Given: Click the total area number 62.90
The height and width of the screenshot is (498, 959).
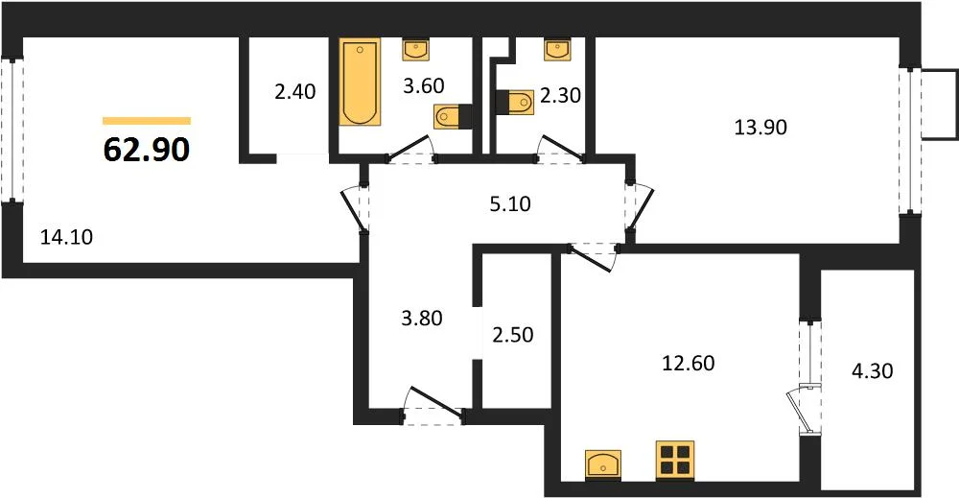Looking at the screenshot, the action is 147,149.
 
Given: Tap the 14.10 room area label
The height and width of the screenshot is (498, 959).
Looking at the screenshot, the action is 67,236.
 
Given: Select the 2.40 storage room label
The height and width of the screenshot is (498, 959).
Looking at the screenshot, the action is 295,92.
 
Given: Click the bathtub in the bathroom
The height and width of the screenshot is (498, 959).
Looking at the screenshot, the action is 361,83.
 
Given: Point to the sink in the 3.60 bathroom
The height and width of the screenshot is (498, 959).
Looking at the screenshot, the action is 416,50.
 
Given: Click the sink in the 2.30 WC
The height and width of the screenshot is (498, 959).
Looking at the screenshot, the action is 557,50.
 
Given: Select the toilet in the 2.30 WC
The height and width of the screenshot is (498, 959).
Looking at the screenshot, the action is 515,102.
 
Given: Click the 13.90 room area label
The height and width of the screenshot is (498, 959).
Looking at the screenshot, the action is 760,128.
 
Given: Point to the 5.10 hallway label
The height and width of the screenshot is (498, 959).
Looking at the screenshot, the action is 510,203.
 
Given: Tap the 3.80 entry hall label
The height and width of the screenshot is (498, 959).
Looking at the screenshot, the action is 422,319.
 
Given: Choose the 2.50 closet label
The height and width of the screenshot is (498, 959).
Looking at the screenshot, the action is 513,335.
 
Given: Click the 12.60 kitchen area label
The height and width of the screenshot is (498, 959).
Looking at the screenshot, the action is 688,363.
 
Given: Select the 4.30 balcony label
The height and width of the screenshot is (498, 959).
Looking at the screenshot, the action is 872,370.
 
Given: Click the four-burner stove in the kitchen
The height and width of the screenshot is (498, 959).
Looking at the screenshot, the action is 675,460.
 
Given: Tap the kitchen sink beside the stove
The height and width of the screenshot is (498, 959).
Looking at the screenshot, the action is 603,464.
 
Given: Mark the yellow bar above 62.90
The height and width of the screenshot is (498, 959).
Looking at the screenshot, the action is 147,121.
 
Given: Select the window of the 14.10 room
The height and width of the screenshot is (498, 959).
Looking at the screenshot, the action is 12,130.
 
